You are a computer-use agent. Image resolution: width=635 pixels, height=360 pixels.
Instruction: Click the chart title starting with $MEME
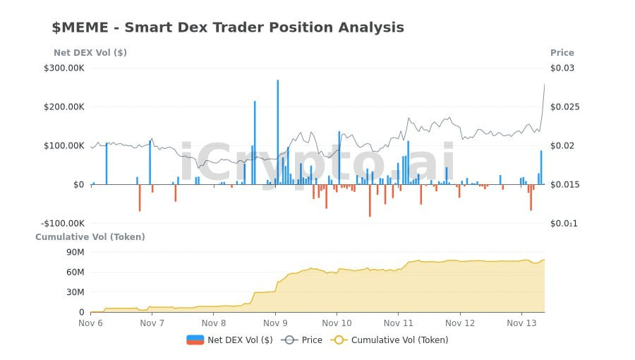[x=228, y=28]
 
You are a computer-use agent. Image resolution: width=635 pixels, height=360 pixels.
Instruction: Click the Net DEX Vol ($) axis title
[x=90, y=53]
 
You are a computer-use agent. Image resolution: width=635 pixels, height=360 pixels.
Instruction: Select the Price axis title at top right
[x=562, y=53]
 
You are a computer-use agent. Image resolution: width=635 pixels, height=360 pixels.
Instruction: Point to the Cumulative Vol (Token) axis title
[x=90, y=237]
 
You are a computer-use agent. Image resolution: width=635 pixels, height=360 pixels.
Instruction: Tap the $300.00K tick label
[x=64, y=68]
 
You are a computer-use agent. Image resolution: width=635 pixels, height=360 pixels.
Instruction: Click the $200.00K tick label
[x=64, y=107]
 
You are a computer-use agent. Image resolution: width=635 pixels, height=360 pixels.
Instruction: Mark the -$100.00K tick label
[x=63, y=224]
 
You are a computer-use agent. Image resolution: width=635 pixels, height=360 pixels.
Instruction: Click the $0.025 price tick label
[x=562, y=107]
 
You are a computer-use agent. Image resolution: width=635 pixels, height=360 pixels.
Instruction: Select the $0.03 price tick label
[x=562, y=68]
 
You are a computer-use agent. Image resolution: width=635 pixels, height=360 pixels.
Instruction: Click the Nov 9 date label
[x=275, y=323]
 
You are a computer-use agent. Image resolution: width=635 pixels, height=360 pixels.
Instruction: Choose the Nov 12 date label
[x=460, y=323]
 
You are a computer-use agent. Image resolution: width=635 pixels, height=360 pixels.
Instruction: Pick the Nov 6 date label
[x=90, y=323]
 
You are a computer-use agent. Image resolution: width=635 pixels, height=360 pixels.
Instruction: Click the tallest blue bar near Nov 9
[x=277, y=131]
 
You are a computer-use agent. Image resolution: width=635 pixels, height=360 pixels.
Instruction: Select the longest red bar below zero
[x=370, y=200]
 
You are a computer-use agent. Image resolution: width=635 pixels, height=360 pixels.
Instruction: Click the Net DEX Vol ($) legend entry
[x=229, y=340]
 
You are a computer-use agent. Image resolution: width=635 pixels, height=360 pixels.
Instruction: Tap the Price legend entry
[x=302, y=340]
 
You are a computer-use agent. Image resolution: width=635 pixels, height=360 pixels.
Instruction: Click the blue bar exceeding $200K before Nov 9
[x=255, y=141]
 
